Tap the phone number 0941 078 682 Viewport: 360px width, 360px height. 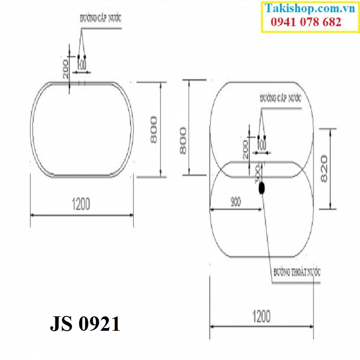tap(306, 22)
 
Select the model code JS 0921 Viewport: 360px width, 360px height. tap(85, 324)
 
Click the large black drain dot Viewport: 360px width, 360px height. tap(261, 189)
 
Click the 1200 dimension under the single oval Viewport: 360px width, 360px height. tap(81, 204)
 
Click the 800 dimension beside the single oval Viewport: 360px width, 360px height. tap(153, 130)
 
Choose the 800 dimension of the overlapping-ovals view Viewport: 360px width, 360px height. tap(183, 140)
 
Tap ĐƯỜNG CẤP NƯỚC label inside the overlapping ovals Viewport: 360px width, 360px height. tap(280, 98)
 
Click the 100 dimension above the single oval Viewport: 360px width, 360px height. tap(81, 65)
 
